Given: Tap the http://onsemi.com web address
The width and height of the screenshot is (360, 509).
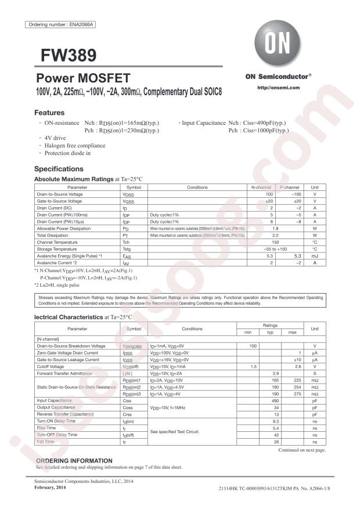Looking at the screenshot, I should tap(278, 87).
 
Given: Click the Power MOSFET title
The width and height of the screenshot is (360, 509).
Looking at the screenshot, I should tap(83, 78).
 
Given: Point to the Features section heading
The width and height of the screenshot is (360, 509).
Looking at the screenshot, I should tap(49, 113).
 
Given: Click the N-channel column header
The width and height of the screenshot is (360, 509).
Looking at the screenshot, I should tap(260, 187).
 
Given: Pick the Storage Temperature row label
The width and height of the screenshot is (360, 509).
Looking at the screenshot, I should tap(57, 248).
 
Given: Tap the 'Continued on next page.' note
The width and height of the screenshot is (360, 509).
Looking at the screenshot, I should tap(302, 450).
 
